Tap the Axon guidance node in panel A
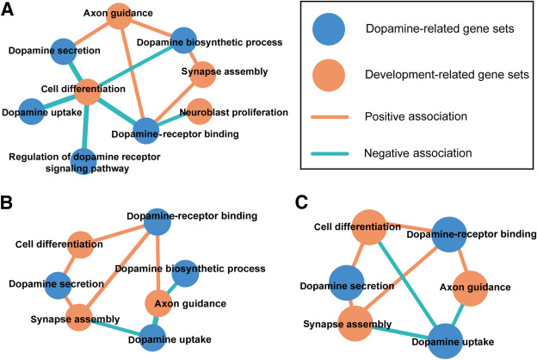click(119, 15)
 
